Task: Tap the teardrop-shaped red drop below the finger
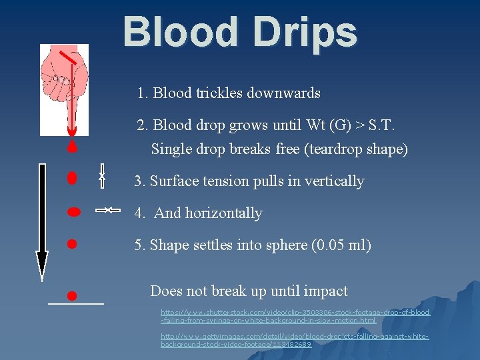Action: [x=73, y=146]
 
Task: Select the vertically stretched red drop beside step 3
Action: [x=73, y=178]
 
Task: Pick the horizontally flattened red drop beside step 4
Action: [x=73, y=211]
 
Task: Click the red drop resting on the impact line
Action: [x=73, y=295]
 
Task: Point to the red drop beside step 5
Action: [x=73, y=244]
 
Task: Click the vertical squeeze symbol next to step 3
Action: [x=102, y=176]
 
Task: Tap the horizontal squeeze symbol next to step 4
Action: [x=107, y=211]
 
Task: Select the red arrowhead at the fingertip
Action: [x=72, y=128]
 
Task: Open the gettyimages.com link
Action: [x=294, y=340]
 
